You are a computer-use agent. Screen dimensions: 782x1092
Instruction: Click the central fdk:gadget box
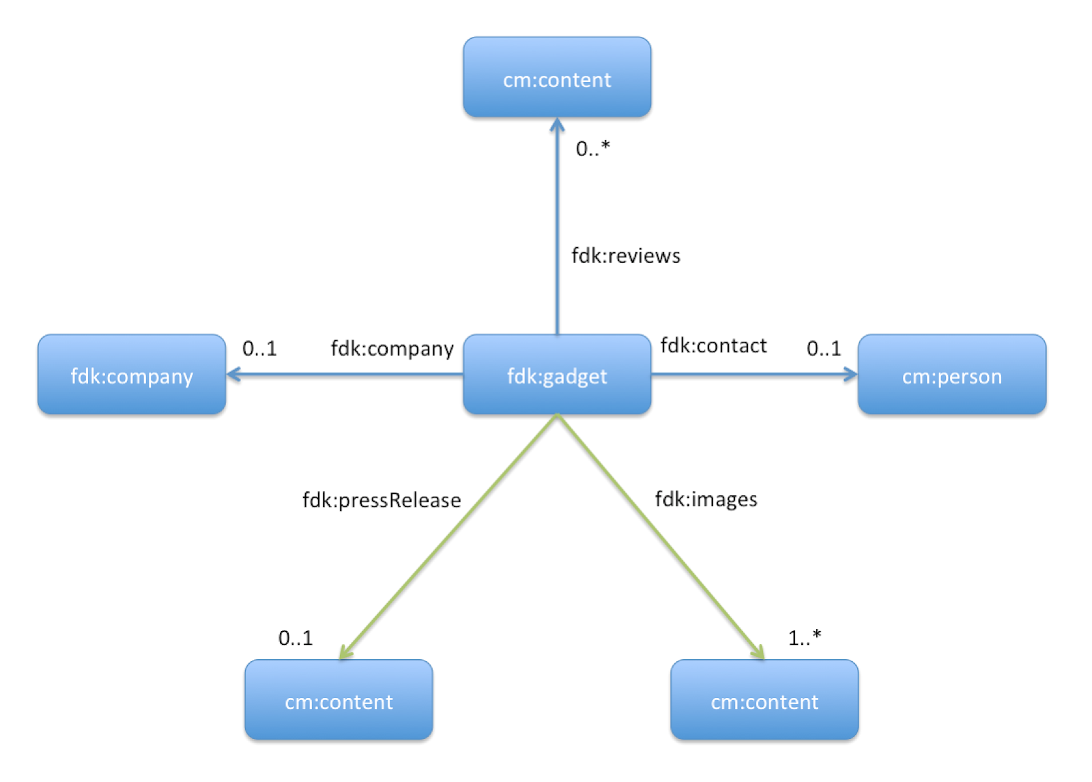[557, 375]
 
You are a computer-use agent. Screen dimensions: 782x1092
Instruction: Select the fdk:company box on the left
[132, 375]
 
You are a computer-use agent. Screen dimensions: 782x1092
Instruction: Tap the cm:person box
[951, 375]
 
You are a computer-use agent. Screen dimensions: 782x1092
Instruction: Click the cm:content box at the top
[557, 78]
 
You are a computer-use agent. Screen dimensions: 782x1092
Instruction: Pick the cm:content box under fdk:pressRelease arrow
[339, 700]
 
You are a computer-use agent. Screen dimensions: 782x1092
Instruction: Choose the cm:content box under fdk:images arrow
[764, 700]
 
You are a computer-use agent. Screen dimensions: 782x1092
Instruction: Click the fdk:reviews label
[626, 256]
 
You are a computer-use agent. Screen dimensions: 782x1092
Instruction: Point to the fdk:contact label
[713, 346]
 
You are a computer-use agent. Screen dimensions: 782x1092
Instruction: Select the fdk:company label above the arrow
[392, 349]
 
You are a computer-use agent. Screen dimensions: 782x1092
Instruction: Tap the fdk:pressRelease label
[382, 500]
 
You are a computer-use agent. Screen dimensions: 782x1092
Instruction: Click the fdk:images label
[706, 499]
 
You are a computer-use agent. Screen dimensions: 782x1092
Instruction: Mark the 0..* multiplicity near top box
[592, 148]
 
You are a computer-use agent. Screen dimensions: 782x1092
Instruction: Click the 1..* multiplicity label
[805, 638]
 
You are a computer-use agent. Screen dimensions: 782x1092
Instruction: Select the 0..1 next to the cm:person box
[824, 349]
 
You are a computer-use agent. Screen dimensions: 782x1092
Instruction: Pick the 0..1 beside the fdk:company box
[259, 349]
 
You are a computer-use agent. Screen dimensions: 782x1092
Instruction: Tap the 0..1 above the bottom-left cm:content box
[295, 638]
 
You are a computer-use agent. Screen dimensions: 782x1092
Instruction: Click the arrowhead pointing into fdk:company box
[233, 374]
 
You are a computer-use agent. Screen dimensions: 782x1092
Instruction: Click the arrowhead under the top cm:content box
[557, 125]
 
